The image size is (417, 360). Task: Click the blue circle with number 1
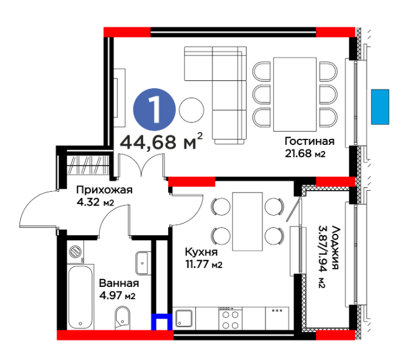coord(154,110)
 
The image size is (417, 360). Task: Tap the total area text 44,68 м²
coord(161,141)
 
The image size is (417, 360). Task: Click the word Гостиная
coord(309,141)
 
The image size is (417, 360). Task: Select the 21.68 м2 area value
coord(305,154)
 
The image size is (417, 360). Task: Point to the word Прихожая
coord(104,190)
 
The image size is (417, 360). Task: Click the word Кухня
coord(201,252)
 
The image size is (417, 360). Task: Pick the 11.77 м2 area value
coord(204,264)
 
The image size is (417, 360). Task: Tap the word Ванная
coord(119,283)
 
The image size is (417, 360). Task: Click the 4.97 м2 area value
coord(117,295)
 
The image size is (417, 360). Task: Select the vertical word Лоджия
coord(335,247)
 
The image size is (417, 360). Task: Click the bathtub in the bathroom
coord(80,297)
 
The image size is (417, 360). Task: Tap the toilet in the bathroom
coord(122,318)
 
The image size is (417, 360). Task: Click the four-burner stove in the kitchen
coord(230,319)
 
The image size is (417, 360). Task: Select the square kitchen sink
coord(184,318)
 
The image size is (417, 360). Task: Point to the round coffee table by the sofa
coord(192,110)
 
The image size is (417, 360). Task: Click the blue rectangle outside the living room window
coord(380,107)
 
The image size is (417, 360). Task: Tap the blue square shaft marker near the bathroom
coord(162,322)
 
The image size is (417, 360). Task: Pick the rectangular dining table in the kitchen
coord(247,222)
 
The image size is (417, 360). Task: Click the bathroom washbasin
coord(143,263)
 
